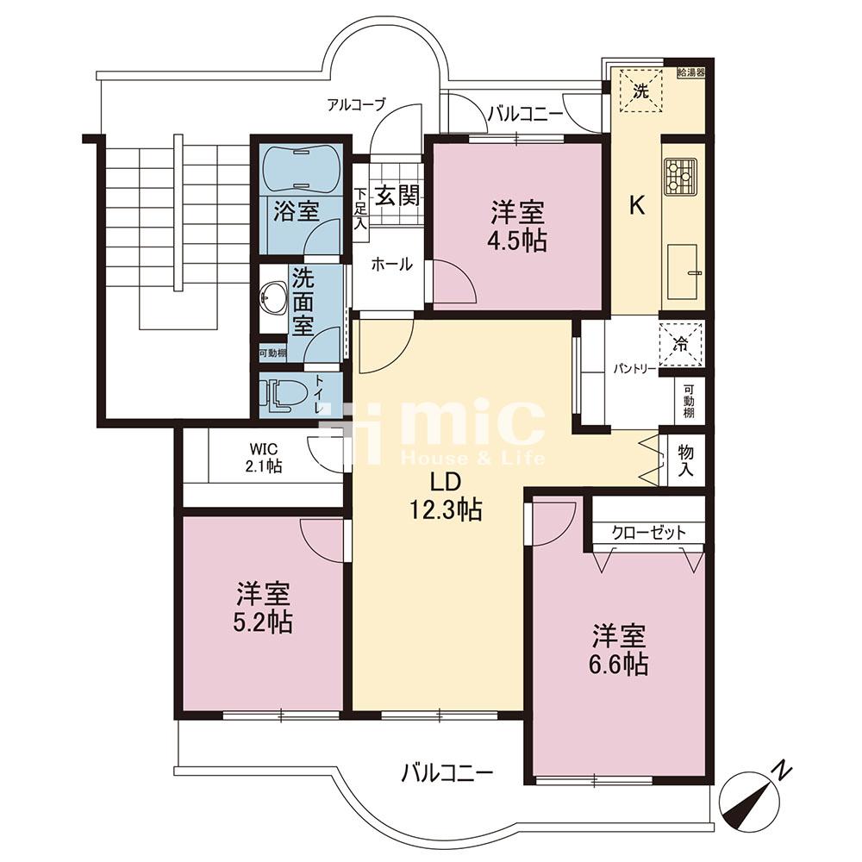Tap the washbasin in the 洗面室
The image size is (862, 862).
(x=273, y=300)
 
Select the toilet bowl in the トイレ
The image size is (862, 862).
(x=283, y=396)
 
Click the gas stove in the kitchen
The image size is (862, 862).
(x=681, y=177)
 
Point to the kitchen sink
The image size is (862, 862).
(x=683, y=270)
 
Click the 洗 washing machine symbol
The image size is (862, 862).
(x=641, y=91)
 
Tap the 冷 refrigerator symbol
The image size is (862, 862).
(x=681, y=345)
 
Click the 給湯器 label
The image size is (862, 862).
(x=691, y=72)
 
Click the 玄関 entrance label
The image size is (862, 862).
(x=397, y=195)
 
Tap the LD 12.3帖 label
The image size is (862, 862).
(x=447, y=497)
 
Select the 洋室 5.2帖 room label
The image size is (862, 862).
(x=264, y=607)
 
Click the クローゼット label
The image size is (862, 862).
(x=649, y=532)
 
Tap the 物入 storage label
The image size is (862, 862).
(x=685, y=461)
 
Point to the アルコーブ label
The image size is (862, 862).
(x=357, y=104)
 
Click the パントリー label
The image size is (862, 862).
(x=635, y=369)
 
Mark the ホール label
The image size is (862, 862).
(x=392, y=265)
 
